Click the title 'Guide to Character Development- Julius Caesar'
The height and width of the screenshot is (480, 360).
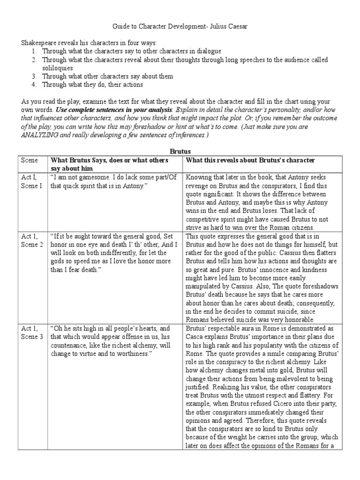180,28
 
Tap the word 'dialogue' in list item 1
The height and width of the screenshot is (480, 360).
209,51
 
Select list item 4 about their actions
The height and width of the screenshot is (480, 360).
92,85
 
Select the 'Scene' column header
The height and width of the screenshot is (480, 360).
29,160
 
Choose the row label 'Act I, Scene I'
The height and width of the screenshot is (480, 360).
31,182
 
